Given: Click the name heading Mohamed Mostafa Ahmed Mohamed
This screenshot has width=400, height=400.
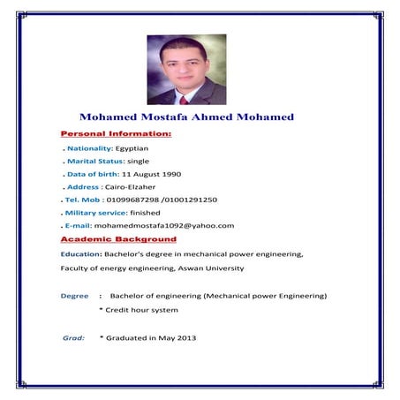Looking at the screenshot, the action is (186, 117).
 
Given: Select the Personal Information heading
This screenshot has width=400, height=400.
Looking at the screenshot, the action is (115, 133).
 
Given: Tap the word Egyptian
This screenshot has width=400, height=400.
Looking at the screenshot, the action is (132, 148).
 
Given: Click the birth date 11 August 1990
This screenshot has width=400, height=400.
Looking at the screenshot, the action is (153, 175).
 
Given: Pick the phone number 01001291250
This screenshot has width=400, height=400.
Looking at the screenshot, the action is (192, 200).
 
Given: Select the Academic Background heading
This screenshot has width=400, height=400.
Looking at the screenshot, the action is (117, 239).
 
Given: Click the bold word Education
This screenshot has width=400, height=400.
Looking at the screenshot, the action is (80, 254).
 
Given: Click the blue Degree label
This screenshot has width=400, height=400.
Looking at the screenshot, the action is (74, 296).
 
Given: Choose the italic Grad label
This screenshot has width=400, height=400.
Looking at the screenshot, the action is (73, 338).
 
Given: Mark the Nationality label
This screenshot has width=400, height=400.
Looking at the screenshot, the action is (89, 148).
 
